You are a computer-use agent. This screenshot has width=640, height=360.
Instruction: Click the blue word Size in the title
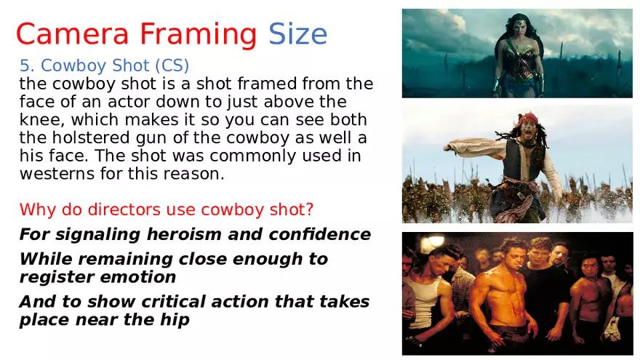click(x=297, y=33)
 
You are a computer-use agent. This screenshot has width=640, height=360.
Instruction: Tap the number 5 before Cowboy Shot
click(x=24, y=66)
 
